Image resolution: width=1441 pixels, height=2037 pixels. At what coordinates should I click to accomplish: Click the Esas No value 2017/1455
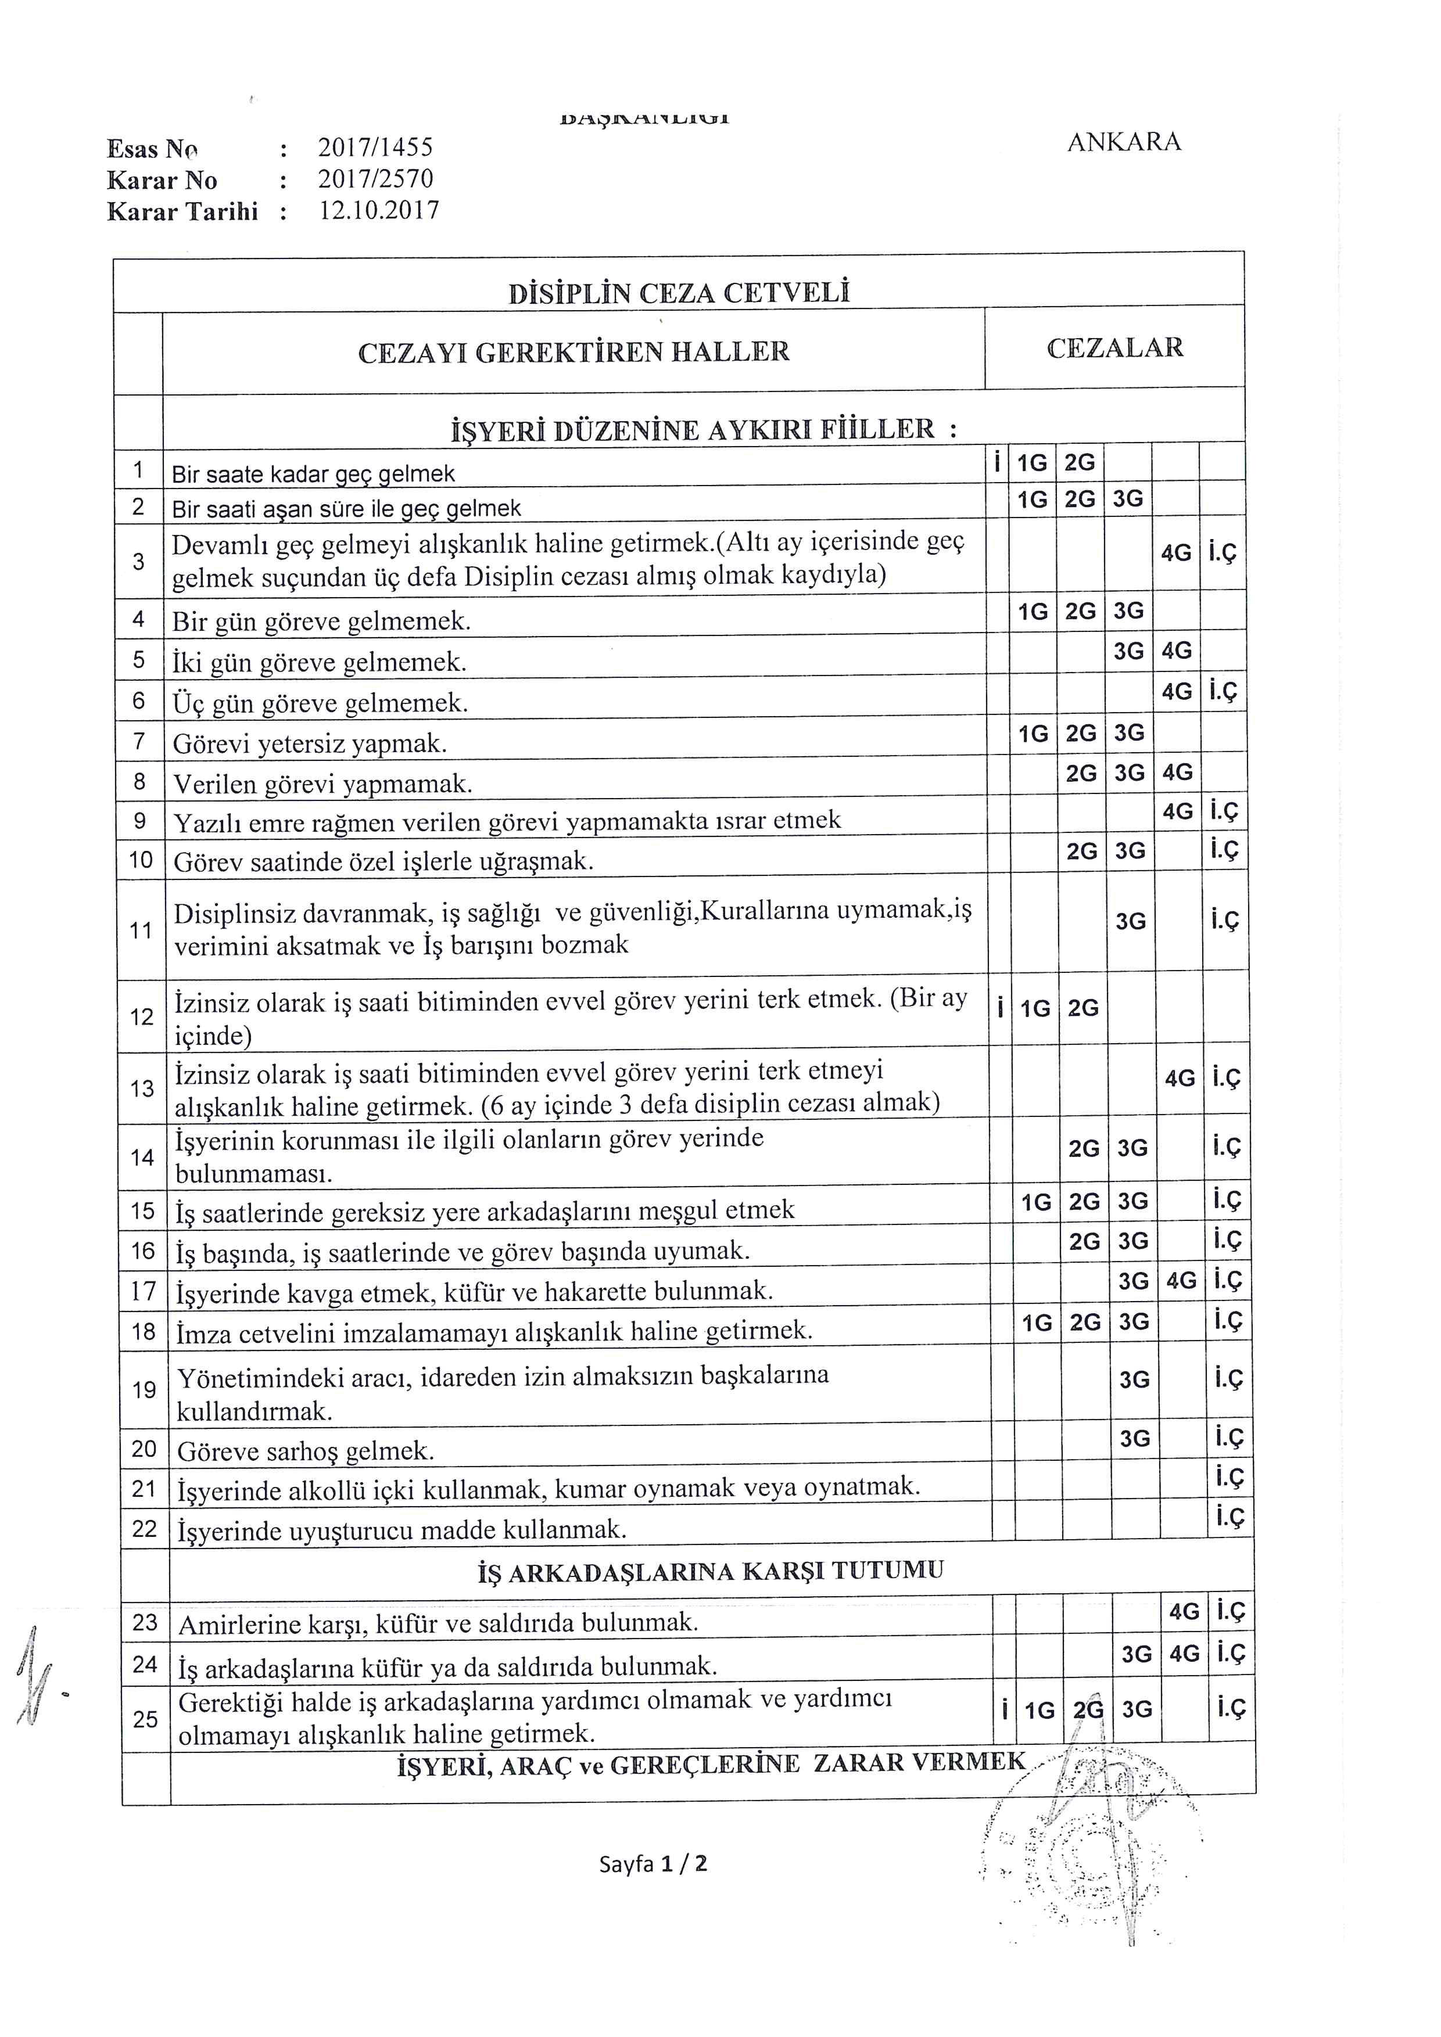click(x=375, y=148)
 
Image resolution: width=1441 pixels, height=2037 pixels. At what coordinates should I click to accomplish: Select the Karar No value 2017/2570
click(x=375, y=179)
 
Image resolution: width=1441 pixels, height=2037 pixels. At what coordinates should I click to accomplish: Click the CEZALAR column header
click(x=1114, y=348)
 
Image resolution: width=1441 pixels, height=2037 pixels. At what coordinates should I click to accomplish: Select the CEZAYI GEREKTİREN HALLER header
click(x=573, y=352)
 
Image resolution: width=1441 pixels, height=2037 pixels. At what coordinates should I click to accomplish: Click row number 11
click(x=141, y=931)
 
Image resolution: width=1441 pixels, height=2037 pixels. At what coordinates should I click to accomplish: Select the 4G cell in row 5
click(x=1177, y=651)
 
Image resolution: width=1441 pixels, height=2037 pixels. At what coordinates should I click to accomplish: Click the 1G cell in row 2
click(x=1033, y=500)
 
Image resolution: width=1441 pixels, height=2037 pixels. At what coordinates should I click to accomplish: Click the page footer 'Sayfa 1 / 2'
click(x=653, y=1863)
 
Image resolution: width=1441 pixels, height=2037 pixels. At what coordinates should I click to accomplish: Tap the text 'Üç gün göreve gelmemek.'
click(x=320, y=703)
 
